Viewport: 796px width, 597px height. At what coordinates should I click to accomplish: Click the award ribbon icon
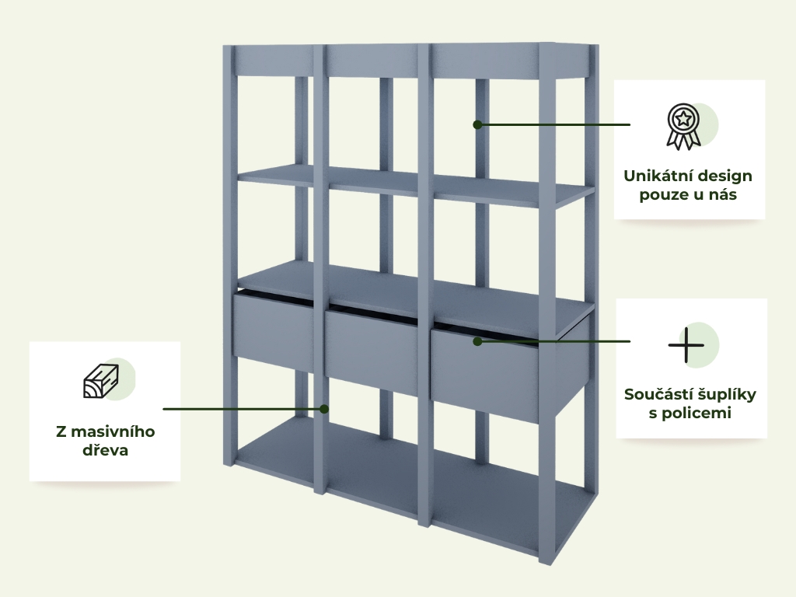pyautogui.click(x=683, y=127)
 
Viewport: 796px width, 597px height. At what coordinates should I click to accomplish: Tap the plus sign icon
pyautogui.click(x=686, y=345)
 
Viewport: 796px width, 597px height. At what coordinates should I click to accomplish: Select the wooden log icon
pyautogui.click(x=101, y=381)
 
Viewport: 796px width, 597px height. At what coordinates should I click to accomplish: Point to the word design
pyautogui.click(x=727, y=176)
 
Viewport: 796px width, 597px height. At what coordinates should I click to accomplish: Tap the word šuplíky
pyautogui.click(x=726, y=395)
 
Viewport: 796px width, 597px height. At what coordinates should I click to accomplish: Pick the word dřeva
pyautogui.click(x=105, y=450)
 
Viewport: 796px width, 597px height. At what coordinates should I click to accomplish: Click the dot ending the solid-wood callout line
pyautogui.click(x=324, y=409)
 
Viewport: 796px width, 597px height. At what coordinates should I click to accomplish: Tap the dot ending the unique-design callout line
pyautogui.click(x=477, y=124)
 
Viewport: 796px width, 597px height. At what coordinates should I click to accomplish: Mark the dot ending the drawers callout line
pyautogui.click(x=477, y=342)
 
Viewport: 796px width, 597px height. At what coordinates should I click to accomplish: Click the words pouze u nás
pyautogui.click(x=688, y=195)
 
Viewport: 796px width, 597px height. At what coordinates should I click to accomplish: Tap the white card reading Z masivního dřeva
pyautogui.click(x=105, y=411)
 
